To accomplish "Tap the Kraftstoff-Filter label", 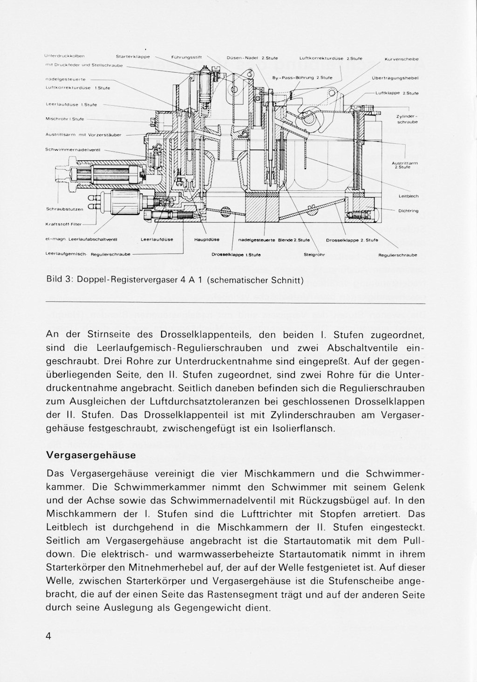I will pos(63,224).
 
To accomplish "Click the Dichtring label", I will pos(408,211).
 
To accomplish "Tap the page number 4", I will pos(48,637).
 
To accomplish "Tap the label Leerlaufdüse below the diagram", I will pos(154,240).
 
